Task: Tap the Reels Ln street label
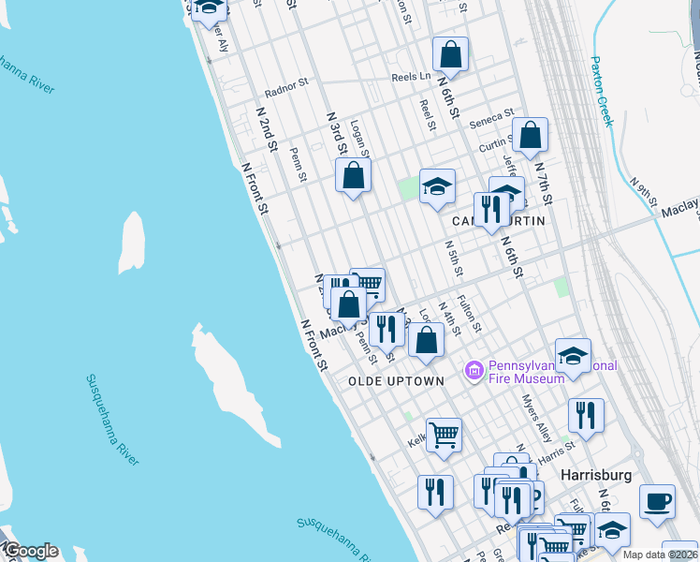pyautogui.click(x=411, y=77)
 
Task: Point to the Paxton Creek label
pyautogui.click(x=600, y=91)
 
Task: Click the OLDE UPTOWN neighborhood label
pyautogui.click(x=396, y=381)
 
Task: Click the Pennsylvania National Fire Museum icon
pyautogui.click(x=474, y=372)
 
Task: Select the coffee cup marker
pyautogui.click(x=658, y=500)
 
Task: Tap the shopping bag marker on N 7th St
pyautogui.click(x=530, y=136)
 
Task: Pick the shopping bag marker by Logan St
pyautogui.click(x=353, y=175)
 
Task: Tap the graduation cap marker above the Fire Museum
pyautogui.click(x=573, y=355)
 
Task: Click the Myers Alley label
pyautogui.click(x=537, y=418)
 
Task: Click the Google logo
pyautogui.click(x=30, y=551)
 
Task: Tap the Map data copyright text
pyautogui.click(x=659, y=555)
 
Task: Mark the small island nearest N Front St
pyautogui.click(x=132, y=242)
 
